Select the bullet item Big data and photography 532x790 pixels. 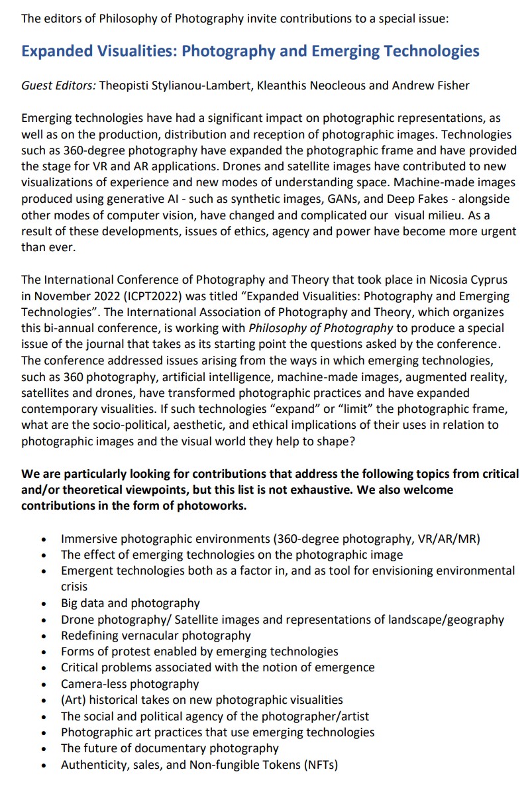click(130, 603)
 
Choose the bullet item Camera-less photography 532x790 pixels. click(129, 684)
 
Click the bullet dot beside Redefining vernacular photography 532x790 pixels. click(44, 636)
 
